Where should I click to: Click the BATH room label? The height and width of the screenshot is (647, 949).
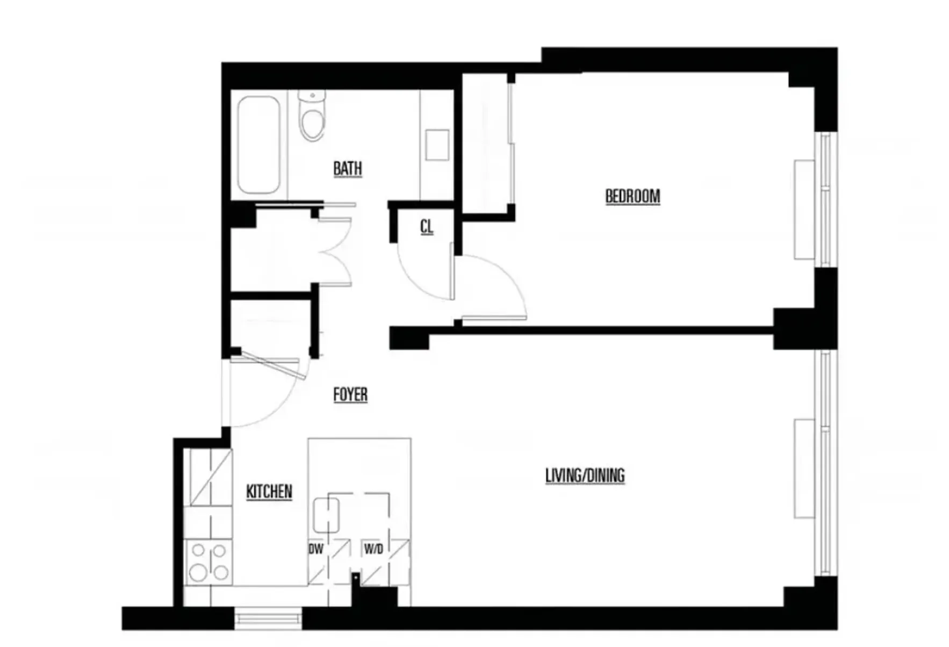tap(347, 168)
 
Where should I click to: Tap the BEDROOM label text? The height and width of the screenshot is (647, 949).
tap(632, 196)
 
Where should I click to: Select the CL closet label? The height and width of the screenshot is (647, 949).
tap(426, 227)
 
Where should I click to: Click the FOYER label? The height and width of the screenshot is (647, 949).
tap(350, 394)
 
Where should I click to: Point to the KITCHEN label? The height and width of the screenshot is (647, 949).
tap(269, 491)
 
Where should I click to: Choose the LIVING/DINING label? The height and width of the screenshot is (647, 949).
tap(585, 475)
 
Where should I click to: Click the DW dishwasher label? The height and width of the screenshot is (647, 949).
tap(315, 549)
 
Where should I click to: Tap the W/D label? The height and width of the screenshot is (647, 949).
tap(373, 549)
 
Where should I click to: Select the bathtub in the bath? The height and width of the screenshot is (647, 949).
tap(258, 144)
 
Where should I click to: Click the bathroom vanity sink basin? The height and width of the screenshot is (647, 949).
tap(437, 145)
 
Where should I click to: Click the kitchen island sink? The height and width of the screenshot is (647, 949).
tap(326, 514)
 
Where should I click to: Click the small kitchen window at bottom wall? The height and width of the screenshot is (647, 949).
tap(268, 617)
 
